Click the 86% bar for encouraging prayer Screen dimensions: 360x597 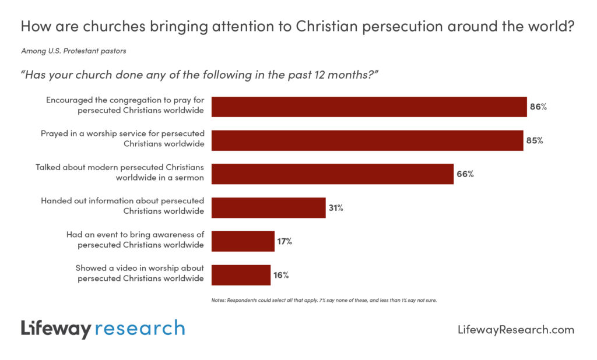click(368, 107)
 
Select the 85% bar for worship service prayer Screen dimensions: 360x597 click(367, 140)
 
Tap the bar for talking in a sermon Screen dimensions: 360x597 click(332, 174)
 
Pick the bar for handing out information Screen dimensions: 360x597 click(268, 207)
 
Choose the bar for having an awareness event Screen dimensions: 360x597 click(243, 241)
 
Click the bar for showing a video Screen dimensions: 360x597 click(241, 275)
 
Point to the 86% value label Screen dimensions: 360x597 click(538, 107)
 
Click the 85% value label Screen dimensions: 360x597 click(534, 140)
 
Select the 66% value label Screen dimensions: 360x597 click(465, 174)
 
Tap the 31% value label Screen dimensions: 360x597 click(336, 207)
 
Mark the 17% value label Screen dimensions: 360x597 click(285, 241)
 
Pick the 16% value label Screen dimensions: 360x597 click(281, 275)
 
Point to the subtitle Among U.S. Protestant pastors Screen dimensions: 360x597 click(73, 51)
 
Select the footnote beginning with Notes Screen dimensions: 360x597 click(324, 301)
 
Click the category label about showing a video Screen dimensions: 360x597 click(140, 273)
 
